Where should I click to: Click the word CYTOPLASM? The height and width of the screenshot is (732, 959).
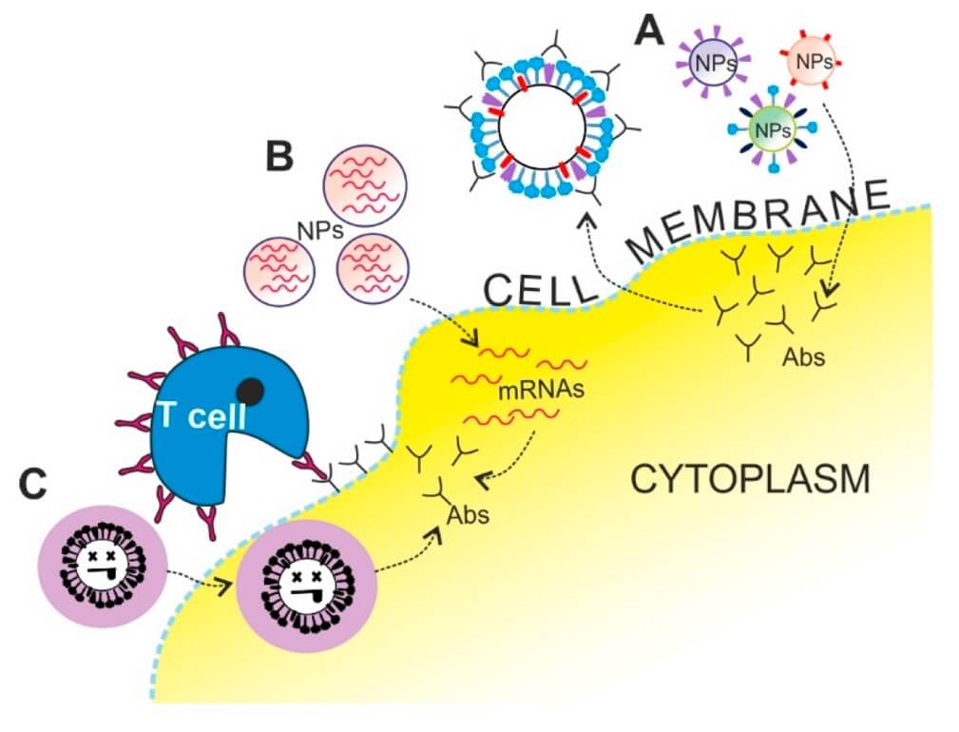click(750, 479)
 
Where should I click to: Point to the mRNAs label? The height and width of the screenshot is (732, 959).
click(527, 390)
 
